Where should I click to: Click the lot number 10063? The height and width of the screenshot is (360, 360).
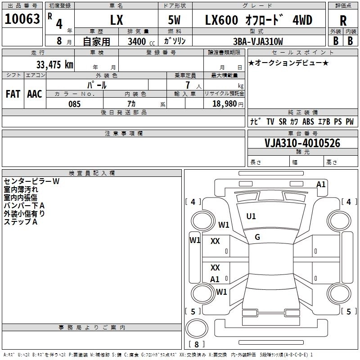[22, 19]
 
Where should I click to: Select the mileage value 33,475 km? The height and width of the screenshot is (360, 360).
[54, 64]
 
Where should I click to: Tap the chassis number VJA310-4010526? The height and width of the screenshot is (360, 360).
[302, 143]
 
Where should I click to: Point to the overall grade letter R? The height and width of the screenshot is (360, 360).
[343, 21]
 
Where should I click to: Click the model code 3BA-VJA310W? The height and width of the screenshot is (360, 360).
[258, 41]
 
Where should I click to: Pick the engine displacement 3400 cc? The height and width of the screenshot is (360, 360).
[141, 41]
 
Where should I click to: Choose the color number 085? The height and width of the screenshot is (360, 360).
[74, 104]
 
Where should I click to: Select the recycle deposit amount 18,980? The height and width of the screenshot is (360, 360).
[224, 104]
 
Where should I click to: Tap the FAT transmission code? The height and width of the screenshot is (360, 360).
[13, 94]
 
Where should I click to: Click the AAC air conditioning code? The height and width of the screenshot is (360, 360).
[35, 94]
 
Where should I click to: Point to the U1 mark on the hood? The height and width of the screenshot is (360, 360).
[251, 216]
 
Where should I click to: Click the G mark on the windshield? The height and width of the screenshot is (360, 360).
[257, 237]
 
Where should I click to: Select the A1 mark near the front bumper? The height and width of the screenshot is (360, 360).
[321, 184]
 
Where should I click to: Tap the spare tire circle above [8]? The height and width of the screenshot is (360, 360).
[197, 328]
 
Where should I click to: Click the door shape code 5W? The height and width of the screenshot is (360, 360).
[174, 20]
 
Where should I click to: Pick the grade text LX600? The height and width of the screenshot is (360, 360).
[221, 20]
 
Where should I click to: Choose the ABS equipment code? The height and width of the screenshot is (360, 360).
[308, 121]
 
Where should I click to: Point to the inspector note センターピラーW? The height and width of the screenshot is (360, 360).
[31, 181]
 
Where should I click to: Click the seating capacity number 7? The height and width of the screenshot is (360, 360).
[188, 85]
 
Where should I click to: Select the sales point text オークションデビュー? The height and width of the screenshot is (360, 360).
[288, 63]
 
